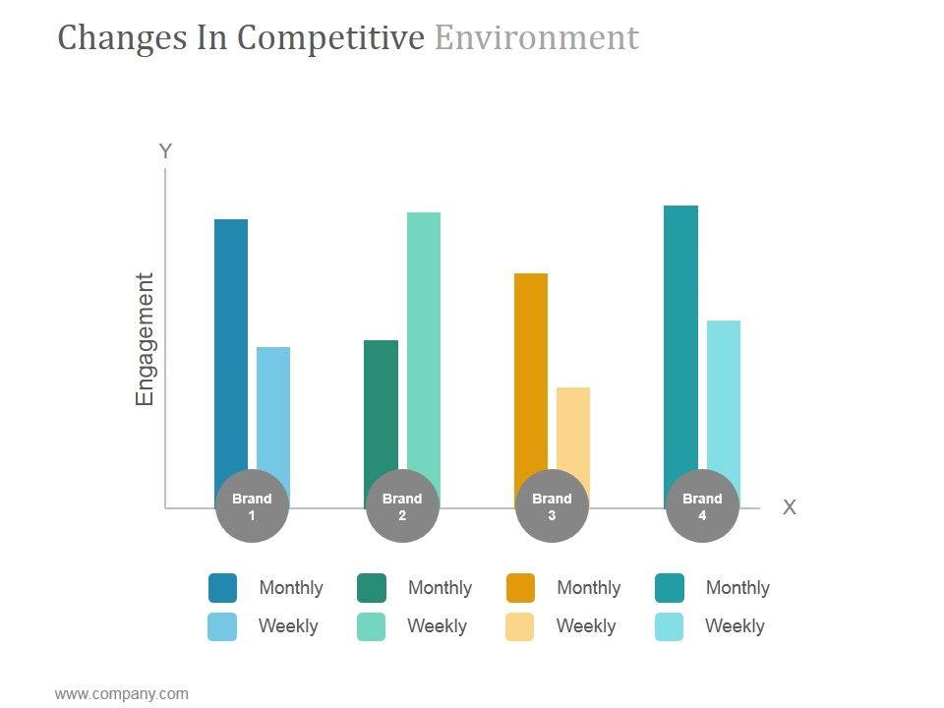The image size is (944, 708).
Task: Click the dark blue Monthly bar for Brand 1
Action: pos(231,344)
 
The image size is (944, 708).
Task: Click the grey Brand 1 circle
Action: pos(252,506)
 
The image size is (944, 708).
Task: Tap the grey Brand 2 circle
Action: pos(402,506)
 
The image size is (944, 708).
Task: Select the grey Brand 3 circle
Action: pos(552,506)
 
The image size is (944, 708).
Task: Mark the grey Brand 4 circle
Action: pos(702,506)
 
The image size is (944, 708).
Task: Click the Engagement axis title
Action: pos(146,339)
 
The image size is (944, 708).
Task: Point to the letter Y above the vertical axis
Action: pos(165,151)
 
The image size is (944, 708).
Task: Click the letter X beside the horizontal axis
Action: pos(789,507)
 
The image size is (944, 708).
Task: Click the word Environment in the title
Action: pos(536,37)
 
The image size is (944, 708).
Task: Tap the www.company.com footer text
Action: pos(121,694)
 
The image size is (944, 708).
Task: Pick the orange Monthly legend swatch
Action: pos(521,588)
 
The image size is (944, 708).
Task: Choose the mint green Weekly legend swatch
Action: pos(371,626)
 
